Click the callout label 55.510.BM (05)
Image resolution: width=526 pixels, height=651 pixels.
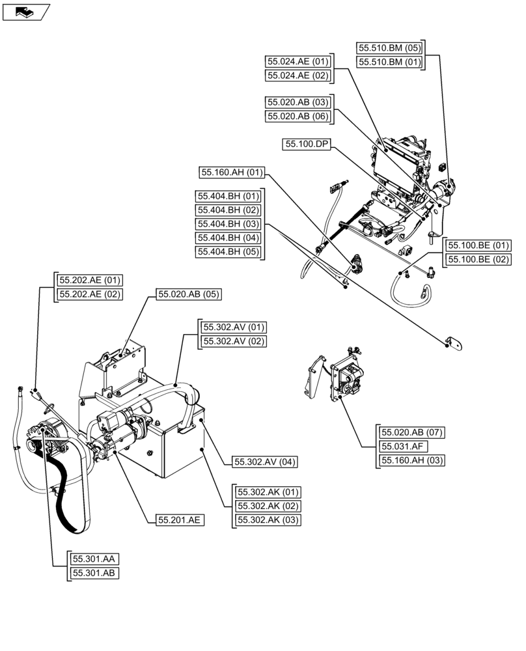[x=389, y=48]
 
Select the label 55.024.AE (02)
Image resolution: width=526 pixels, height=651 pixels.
[x=298, y=76]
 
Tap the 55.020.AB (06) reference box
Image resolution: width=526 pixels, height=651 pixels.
[x=298, y=117]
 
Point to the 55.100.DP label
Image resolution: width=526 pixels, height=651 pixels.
[x=307, y=145]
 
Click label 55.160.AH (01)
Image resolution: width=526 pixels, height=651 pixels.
[x=231, y=173]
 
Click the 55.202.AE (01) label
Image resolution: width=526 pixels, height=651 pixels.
[x=90, y=280]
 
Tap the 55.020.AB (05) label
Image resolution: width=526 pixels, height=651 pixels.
[x=189, y=294]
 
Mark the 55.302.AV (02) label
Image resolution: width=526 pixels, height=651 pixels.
[x=234, y=341]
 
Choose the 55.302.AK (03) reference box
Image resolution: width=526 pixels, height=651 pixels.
[x=269, y=519]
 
